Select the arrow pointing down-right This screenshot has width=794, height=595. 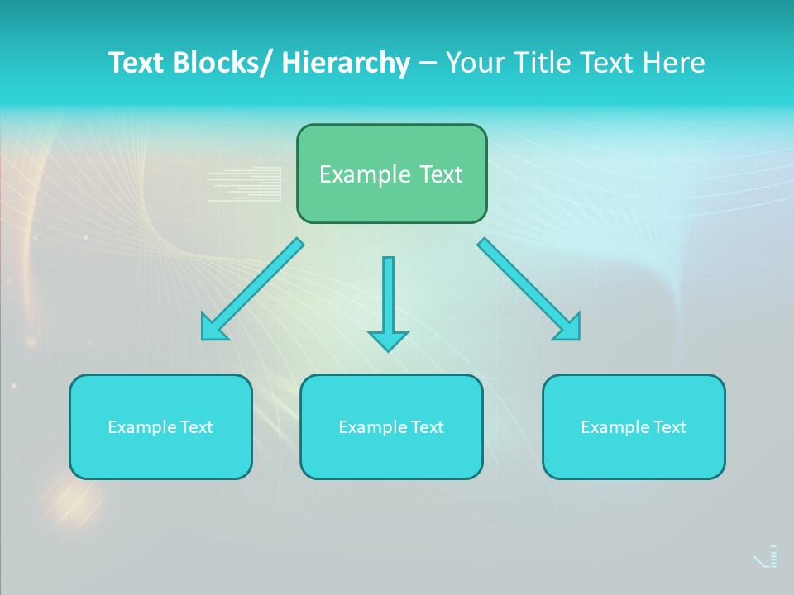tap(526, 286)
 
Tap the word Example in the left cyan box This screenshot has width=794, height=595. tap(141, 427)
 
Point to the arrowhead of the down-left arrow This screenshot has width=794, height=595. tap(213, 328)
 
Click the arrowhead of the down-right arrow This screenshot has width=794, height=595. tap(568, 327)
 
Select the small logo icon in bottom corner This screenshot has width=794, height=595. tap(767, 557)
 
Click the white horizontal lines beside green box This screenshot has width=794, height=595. tap(244, 184)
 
